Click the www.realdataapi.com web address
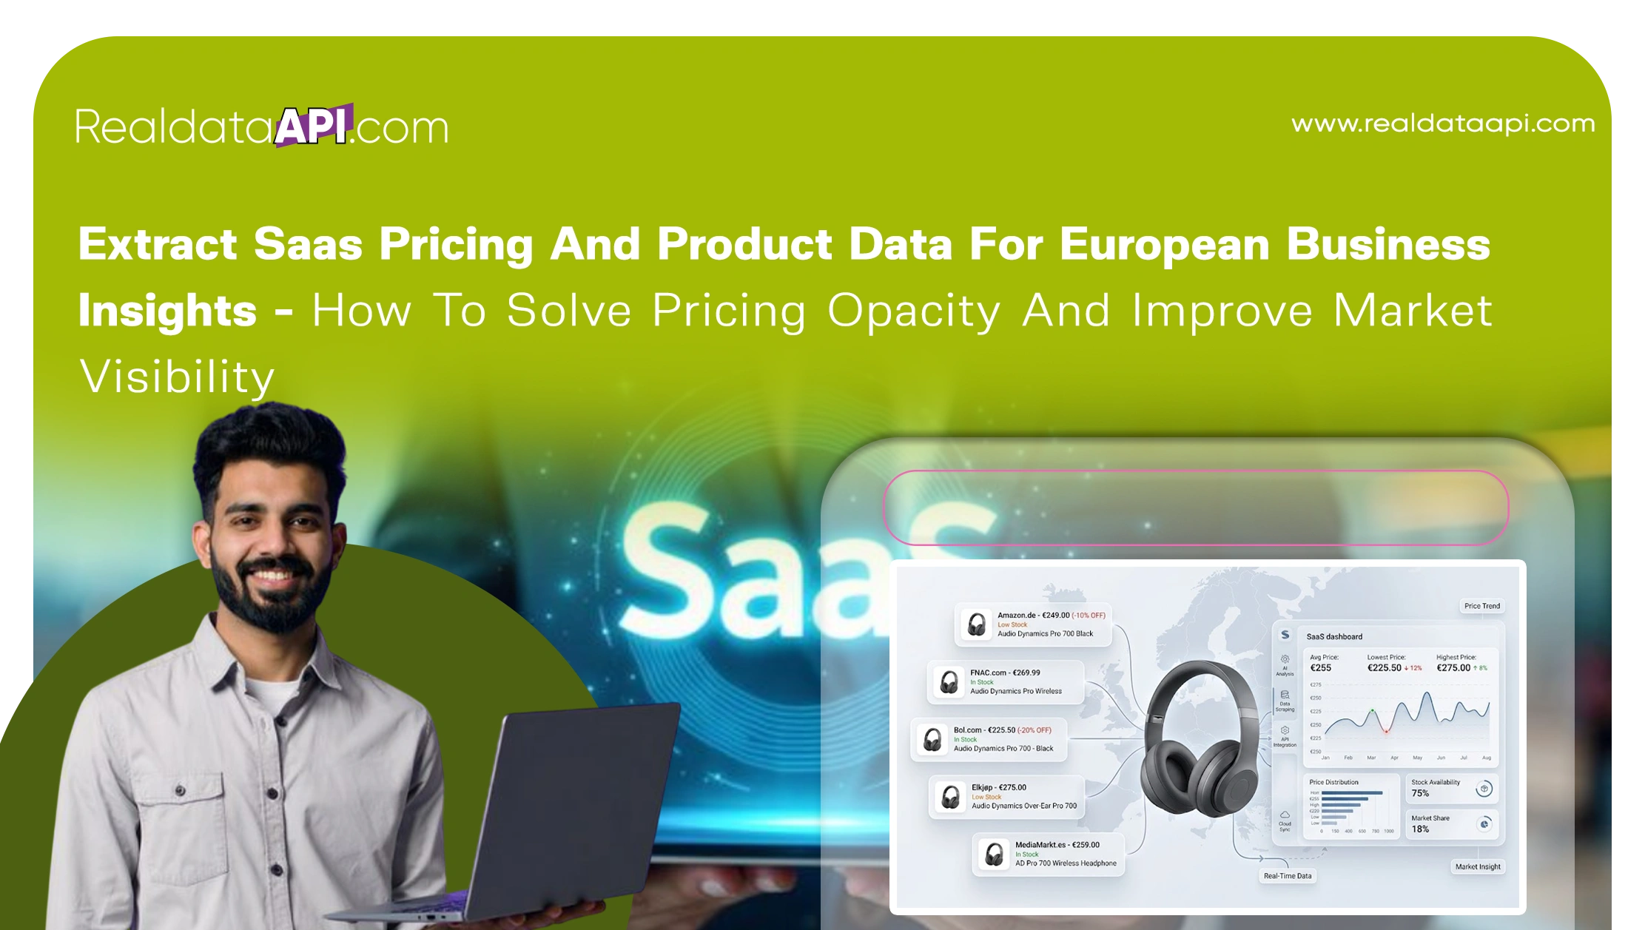coord(1442,124)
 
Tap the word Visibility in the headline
coord(177,377)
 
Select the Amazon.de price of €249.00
coord(1055,615)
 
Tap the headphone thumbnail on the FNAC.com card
coord(948,682)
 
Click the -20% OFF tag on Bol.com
coord(1034,730)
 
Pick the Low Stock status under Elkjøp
coord(986,797)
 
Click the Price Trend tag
coord(1481,606)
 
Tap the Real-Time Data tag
coord(1287,876)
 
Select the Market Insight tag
coord(1477,866)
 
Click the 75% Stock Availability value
coord(1420,793)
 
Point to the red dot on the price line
coord(1386,732)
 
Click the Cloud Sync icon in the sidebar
coord(1285,815)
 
